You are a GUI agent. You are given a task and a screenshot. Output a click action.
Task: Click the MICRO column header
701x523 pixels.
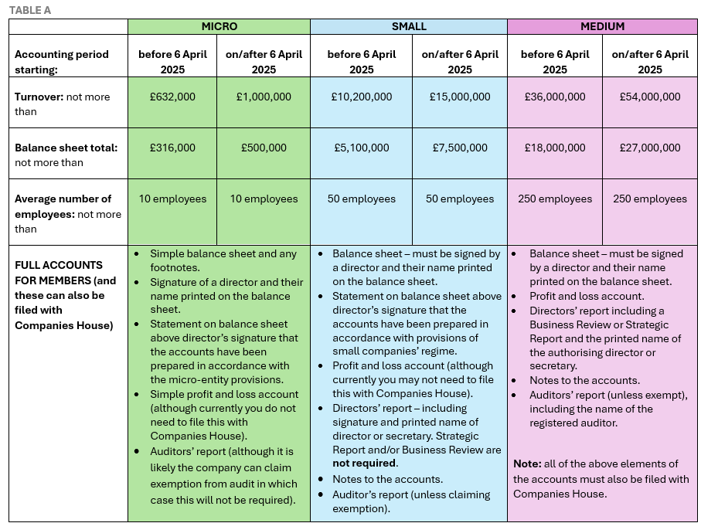click(x=219, y=26)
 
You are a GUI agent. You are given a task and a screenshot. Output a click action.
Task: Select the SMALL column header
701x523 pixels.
click(x=409, y=26)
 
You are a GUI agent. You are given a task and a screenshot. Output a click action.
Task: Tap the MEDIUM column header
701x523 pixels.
click(x=602, y=26)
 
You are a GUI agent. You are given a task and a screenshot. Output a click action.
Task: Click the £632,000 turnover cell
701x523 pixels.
click(x=172, y=97)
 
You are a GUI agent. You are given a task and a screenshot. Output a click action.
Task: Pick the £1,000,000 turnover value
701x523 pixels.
click(x=264, y=97)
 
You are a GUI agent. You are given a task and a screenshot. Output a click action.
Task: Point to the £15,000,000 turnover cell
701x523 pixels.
click(x=460, y=97)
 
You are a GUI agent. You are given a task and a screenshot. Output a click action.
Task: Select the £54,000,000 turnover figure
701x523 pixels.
click(x=650, y=97)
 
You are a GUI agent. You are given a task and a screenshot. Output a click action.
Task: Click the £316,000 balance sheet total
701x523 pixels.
click(x=172, y=148)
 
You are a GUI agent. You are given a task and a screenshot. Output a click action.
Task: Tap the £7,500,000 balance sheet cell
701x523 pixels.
click(x=460, y=148)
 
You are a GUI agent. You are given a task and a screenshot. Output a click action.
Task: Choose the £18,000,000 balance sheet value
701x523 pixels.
click(x=555, y=148)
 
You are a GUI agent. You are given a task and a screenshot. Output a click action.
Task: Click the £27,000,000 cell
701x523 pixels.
click(x=650, y=148)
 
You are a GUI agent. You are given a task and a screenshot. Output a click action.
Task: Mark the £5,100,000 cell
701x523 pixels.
click(x=362, y=148)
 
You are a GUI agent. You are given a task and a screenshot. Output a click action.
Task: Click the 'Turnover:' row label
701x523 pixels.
click(x=39, y=97)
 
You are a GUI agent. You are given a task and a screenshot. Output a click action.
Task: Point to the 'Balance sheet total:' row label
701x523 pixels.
click(x=66, y=148)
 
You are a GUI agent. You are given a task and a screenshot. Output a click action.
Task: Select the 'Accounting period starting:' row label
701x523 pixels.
click(x=62, y=62)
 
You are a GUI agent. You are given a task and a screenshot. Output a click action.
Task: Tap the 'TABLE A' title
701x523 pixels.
click(x=30, y=10)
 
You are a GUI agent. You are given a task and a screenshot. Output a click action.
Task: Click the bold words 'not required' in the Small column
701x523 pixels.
click(x=365, y=464)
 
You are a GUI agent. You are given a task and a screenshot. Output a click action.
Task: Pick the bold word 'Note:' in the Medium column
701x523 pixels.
click(x=529, y=464)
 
